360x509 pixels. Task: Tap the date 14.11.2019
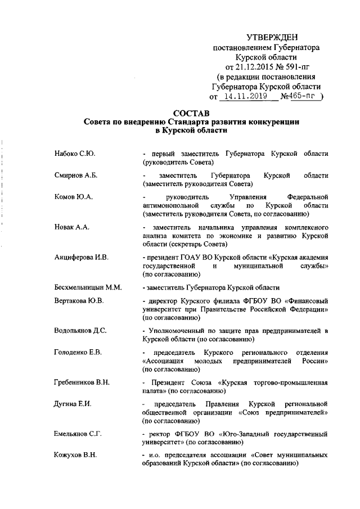click(x=243, y=97)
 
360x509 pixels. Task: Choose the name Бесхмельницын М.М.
click(x=88, y=287)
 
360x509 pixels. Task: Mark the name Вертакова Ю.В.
click(x=79, y=301)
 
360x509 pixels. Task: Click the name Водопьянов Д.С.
click(x=80, y=331)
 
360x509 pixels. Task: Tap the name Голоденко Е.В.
click(x=78, y=353)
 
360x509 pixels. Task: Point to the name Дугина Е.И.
click(x=74, y=404)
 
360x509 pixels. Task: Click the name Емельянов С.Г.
click(x=78, y=434)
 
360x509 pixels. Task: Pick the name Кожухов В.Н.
click(x=76, y=456)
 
